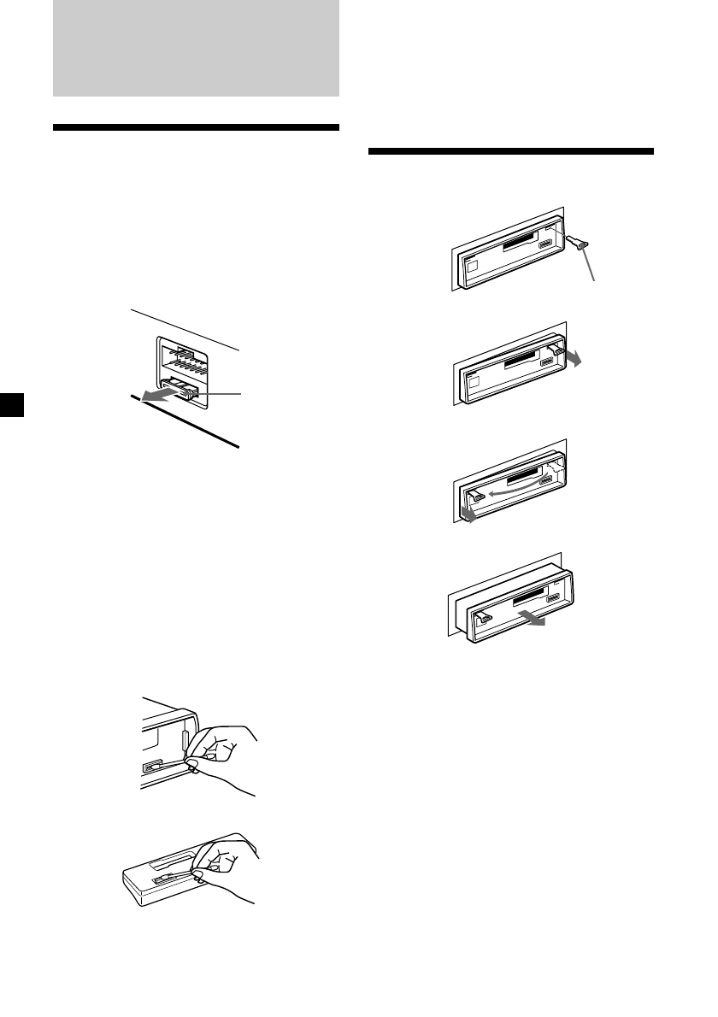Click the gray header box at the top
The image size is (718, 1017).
(x=196, y=48)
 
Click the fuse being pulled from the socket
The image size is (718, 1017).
(x=187, y=390)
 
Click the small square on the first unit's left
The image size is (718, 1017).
(x=472, y=267)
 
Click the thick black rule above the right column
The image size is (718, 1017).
(x=510, y=152)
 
